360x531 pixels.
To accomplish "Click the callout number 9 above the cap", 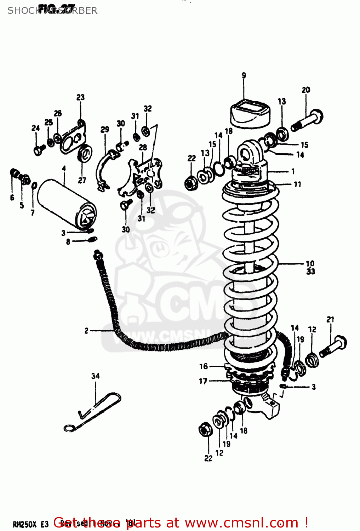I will [244, 75].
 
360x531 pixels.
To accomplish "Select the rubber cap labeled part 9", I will [250, 113].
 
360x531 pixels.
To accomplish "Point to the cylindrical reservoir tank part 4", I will [66, 204].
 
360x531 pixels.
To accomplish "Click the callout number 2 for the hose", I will [86, 331].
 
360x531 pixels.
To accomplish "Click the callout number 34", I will [96, 376].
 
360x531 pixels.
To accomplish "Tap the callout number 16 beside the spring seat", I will [204, 366].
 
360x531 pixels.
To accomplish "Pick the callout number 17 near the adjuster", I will [203, 381].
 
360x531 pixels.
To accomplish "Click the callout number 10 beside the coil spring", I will [310, 264].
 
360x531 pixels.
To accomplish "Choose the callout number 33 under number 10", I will [310, 272].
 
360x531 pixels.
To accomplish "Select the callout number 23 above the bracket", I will [81, 97].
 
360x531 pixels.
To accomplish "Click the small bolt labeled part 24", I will [39, 150].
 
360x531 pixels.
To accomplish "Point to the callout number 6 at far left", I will [12, 198].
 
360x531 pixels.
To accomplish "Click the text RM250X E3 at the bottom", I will [30, 524].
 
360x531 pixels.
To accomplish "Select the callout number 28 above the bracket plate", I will [143, 147].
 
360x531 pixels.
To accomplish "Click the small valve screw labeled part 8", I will [91, 240].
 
